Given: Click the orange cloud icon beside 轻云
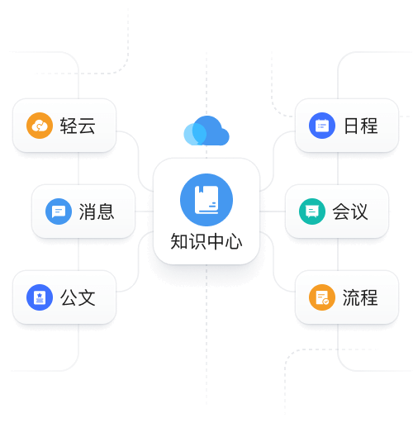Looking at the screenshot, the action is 40,126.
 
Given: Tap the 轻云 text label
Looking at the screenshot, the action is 78,126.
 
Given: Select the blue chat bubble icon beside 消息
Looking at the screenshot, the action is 59,211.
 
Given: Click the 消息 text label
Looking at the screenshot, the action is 97,211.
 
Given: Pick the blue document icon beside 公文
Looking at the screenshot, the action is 40,297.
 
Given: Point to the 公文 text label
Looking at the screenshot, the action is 78,297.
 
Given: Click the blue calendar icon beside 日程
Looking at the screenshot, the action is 322,126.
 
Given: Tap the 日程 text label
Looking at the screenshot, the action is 361,126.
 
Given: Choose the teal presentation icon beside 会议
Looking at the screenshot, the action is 312,211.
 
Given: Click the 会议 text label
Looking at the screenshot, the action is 350,211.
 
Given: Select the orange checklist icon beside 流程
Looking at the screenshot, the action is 322,297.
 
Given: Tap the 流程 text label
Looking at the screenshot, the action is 360,297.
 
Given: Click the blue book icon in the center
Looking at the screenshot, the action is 206,200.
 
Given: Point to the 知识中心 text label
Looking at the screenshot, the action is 206,241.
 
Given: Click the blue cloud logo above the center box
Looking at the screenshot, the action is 206,131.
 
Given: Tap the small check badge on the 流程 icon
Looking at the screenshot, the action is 326,302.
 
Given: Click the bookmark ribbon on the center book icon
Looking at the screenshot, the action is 202,189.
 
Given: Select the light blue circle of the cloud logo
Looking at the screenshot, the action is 195,134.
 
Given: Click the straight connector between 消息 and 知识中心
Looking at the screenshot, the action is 144,211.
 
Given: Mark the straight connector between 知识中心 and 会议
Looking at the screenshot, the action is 273,211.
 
